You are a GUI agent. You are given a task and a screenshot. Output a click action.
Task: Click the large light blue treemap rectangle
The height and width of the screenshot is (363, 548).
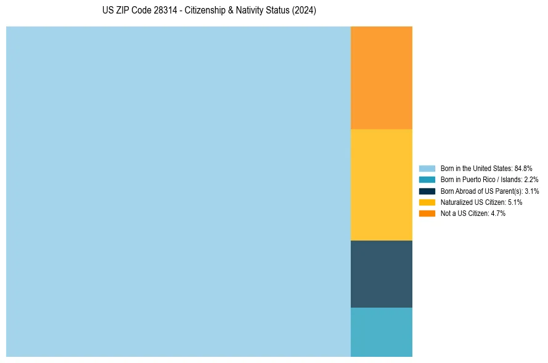tap(178, 191)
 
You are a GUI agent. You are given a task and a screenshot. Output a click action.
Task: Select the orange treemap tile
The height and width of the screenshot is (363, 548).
tap(381, 78)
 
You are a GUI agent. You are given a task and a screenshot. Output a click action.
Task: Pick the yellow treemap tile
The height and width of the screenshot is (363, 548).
tap(381, 185)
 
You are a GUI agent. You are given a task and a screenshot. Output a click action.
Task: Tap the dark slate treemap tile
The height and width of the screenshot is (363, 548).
tap(381, 274)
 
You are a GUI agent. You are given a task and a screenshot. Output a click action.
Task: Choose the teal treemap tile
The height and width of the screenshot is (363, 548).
tap(381, 332)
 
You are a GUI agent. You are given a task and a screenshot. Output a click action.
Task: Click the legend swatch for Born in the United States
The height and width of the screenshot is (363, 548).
tap(427, 168)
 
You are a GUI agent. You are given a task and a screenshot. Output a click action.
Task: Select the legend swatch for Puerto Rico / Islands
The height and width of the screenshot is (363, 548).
tap(427, 180)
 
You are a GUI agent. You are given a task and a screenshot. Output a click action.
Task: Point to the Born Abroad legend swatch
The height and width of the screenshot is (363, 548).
tap(427, 191)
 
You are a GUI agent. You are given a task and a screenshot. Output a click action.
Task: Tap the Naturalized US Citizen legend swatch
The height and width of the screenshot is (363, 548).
tap(427, 202)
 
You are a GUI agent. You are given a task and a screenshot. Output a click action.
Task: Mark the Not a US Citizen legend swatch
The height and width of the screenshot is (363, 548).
tap(427, 213)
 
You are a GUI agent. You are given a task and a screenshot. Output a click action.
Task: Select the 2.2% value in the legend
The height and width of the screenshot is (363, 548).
tap(531, 180)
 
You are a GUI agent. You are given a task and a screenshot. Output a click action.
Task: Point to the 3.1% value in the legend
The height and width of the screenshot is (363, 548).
tap(531, 191)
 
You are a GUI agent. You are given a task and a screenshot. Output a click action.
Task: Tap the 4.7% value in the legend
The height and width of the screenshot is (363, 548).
tap(498, 213)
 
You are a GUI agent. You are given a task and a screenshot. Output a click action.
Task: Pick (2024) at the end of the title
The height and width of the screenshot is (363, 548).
tap(305, 11)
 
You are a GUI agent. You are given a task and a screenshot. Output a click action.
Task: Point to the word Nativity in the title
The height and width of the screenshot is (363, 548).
tap(252, 11)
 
